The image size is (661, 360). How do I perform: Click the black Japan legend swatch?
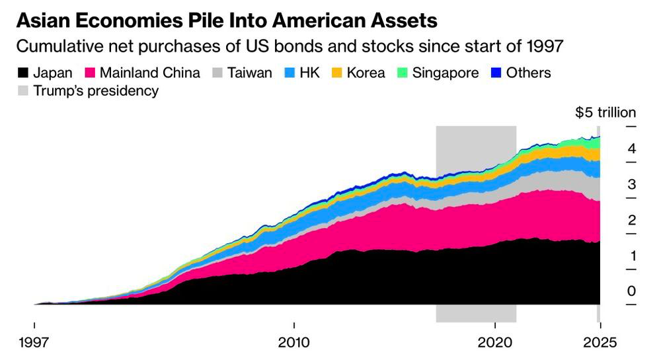click(22, 73)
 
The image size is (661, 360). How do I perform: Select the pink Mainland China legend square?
click(90, 73)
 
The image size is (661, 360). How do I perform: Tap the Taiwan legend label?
click(250, 73)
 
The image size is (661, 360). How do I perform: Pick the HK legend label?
click(309, 73)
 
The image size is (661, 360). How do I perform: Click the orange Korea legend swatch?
click(336, 73)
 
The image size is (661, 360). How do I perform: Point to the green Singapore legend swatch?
click(403, 73)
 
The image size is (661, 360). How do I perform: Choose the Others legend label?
click(528, 73)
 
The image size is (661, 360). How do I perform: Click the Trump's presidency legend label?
click(96, 91)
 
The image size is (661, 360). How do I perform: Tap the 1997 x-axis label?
click(34, 342)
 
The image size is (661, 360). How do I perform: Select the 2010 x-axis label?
click(294, 342)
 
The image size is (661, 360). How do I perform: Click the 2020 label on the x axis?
click(494, 342)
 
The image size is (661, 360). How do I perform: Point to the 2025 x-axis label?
click(600, 342)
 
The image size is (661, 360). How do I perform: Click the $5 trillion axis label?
click(605, 112)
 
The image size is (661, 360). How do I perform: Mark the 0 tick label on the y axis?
click(631, 291)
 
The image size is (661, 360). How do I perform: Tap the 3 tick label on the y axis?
click(631, 184)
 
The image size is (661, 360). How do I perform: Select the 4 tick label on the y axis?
click(631, 149)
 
